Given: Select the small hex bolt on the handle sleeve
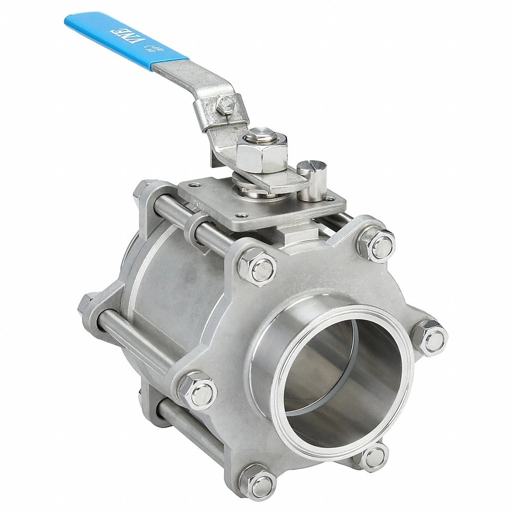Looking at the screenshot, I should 223,106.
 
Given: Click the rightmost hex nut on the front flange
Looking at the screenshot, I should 429,338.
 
